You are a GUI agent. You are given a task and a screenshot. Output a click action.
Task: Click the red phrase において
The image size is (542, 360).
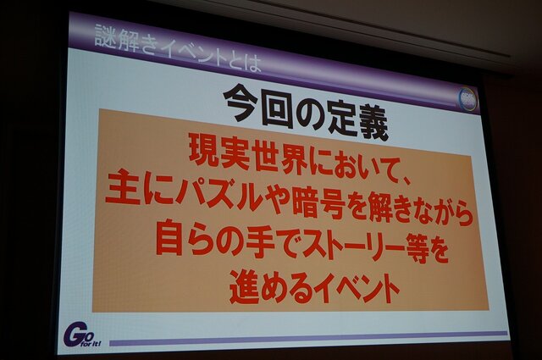click(x=338, y=159)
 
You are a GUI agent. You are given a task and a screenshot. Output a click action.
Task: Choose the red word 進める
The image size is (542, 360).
click(x=270, y=285)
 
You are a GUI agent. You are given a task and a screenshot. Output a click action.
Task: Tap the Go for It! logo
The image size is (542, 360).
click(x=81, y=334)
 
